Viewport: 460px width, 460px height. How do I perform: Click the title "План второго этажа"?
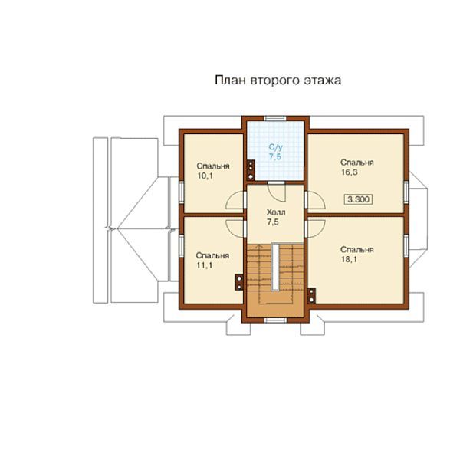[278, 80]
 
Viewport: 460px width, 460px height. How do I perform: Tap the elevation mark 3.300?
[358, 199]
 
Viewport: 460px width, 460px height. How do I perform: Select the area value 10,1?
[205, 176]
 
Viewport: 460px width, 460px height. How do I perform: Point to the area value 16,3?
[350, 172]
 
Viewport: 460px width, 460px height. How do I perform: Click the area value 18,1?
[349, 259]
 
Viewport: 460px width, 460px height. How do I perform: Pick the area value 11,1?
[204, 265]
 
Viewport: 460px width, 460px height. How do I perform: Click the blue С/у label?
[276, 147]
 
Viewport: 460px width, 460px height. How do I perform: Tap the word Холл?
[276, 212]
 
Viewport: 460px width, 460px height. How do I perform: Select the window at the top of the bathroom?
[275, 119]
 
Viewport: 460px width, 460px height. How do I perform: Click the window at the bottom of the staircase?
[275, 320]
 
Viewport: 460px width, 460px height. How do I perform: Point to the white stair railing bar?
[275, 267]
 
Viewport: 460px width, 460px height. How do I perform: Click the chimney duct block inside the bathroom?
[251, 170]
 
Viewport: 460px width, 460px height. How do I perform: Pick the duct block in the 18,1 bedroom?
[311, 296]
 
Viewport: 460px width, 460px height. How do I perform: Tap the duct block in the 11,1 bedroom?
[239, 282]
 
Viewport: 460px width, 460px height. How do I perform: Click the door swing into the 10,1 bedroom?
[235, 200]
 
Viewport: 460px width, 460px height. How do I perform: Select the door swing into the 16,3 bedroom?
[315, 200]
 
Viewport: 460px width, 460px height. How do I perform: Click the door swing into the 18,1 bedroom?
[315, 228]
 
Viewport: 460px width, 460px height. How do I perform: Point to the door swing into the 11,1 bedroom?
[235, 228]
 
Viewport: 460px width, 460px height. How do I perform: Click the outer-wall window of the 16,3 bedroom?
[406, 192]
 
